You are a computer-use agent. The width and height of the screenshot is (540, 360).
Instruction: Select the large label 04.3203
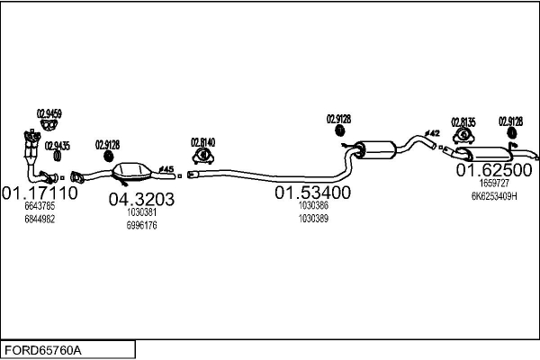click(141, 199)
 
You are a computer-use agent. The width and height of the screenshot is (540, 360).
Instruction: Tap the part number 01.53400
click(312, 193)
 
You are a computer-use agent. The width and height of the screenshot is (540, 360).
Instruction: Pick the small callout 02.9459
click(49, 113)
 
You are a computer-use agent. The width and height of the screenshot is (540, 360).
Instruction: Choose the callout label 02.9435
click(57, 145)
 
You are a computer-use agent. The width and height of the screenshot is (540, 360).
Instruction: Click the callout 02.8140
click(202, 141)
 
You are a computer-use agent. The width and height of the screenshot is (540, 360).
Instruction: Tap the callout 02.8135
click(463, 121)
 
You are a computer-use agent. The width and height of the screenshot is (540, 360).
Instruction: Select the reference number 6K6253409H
click(494, 195)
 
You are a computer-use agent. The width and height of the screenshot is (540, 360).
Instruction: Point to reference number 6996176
click(141, 225)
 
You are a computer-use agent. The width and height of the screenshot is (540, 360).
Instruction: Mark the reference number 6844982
click(39, 219)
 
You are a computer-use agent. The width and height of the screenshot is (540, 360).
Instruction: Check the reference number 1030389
click(312, 218)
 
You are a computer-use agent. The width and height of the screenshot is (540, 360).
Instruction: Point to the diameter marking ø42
click(433, 133)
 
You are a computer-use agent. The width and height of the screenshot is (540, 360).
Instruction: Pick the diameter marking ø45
click(166, 167)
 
